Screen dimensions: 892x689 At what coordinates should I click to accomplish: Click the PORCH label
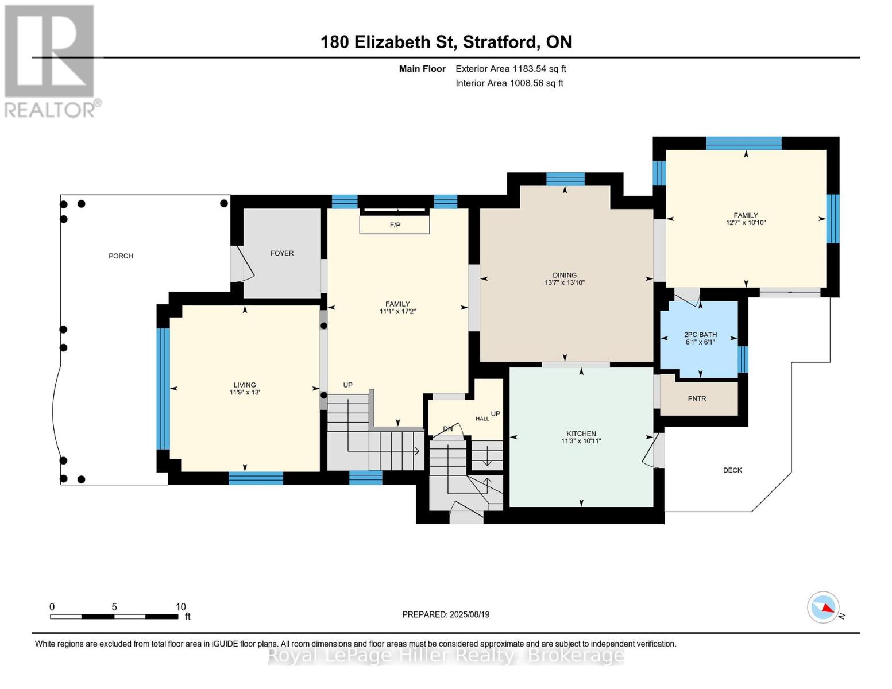point(121,256)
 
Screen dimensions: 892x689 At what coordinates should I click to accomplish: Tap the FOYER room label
point(282,253)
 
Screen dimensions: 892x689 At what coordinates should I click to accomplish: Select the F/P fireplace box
point(395,224)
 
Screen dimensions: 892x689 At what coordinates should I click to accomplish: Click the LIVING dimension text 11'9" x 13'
point(245,392)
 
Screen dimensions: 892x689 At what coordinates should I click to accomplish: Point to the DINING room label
point(565,275)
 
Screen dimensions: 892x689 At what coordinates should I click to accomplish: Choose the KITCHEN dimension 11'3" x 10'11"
point(581,441)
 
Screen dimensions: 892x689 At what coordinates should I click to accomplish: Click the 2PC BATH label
point(700,335)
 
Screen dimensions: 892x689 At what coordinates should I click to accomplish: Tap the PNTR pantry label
point(697,398)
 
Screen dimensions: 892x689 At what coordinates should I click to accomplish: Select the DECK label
point(732,470)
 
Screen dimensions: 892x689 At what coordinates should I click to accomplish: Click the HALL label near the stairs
point(482,419)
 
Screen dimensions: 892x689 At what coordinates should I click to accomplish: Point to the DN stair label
point(448,429)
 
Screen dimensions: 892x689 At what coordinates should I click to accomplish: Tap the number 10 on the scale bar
point(180,606)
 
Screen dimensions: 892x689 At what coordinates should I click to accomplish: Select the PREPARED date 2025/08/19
point(470,614)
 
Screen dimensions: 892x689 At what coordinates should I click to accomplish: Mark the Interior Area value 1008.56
point(527,83)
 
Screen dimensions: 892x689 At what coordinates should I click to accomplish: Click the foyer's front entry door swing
point(243,264)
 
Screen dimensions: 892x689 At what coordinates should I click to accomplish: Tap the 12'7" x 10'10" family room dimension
point(746,223)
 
